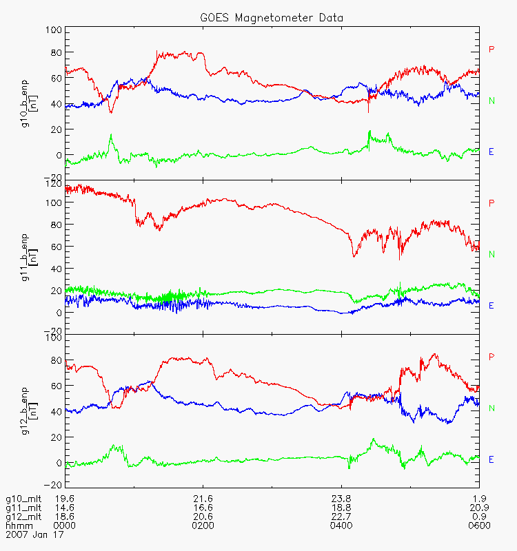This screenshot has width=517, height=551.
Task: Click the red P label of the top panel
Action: tap(491, 49)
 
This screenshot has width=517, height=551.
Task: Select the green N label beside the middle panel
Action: tap(491, 254)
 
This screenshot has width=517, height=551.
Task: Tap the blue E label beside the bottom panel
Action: tap(491, 459)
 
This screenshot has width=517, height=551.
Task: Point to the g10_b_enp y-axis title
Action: tap(25, 103)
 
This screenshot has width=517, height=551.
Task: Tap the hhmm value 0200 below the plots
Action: tap(203, 526)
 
